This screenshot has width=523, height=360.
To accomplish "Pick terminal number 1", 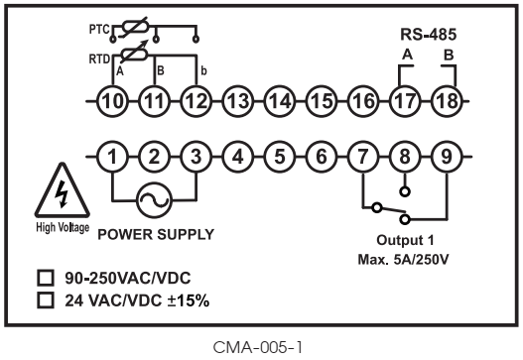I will (114, 156).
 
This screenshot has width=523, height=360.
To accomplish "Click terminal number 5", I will (280, 156).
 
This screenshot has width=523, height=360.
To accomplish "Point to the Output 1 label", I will (405, 241).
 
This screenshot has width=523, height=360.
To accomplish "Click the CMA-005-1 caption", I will (261, 346).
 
